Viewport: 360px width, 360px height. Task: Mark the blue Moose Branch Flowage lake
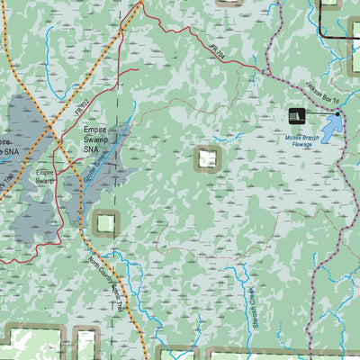click(330, 126)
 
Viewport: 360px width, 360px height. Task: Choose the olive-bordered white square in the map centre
click(208, 159)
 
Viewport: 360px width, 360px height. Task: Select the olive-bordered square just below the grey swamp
click(105, 221)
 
